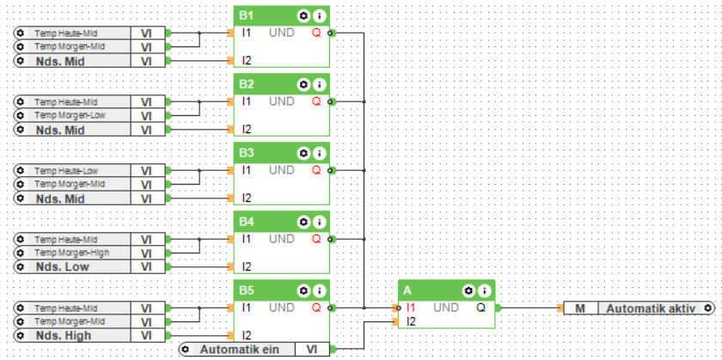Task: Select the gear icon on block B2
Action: click(303, 84)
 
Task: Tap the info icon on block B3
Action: click(319, 153)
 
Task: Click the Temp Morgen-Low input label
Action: click(70, 115)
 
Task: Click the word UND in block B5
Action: click(281, 308)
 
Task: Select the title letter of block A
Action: click(407, 290)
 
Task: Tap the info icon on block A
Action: click(484, 290)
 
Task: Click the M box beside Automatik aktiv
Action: click(580, 308)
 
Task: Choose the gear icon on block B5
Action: click(303, 290)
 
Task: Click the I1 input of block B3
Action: click(247, 170)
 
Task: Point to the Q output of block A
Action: click(480, 308)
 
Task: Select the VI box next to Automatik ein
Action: click(311, 349)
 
